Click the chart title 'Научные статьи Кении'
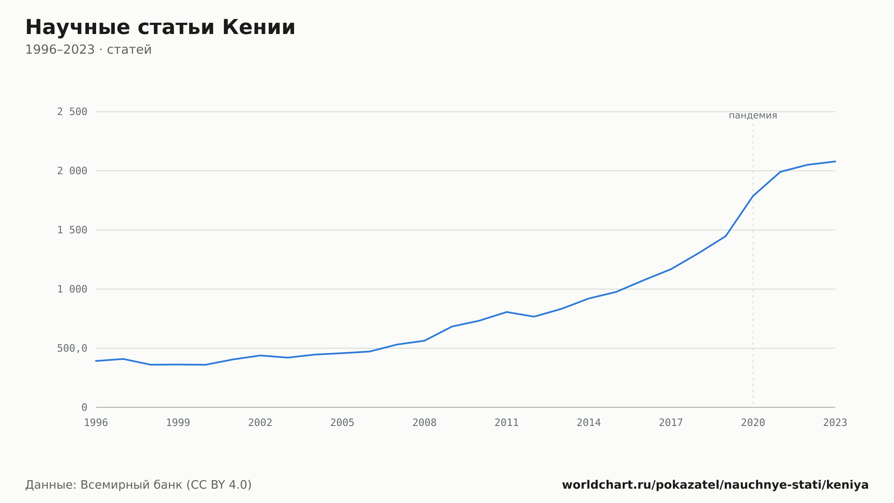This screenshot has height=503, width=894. pos(160,27)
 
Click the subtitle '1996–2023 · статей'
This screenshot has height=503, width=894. pos(89,50)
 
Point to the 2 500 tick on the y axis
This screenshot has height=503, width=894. pos(72,112)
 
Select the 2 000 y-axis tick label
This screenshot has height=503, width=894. pos(72,171)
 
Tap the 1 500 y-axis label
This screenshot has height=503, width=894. pos(72,230)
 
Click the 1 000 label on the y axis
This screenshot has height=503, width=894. pos(72,289)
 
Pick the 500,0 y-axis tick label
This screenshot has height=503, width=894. pos(72,349)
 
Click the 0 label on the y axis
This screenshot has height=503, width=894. pos(84,408)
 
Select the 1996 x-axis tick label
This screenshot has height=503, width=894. pos(96,423)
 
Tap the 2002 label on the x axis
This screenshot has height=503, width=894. pos(260,423)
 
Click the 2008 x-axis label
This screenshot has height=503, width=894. pos(425,423)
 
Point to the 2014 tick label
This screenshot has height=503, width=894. pos(589,423)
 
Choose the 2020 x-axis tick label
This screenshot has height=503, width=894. pos(753,423)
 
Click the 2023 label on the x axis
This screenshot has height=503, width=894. pos(835,423)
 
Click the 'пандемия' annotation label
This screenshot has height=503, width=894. pos(753,115)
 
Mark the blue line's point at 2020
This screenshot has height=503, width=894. pos(753,196)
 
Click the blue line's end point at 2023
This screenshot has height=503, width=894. pos(835,161)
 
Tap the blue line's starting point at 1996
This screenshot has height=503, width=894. pos(96,361)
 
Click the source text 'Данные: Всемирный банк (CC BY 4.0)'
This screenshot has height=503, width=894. pos(139,485)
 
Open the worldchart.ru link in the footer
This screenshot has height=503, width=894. pos(715,485)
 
